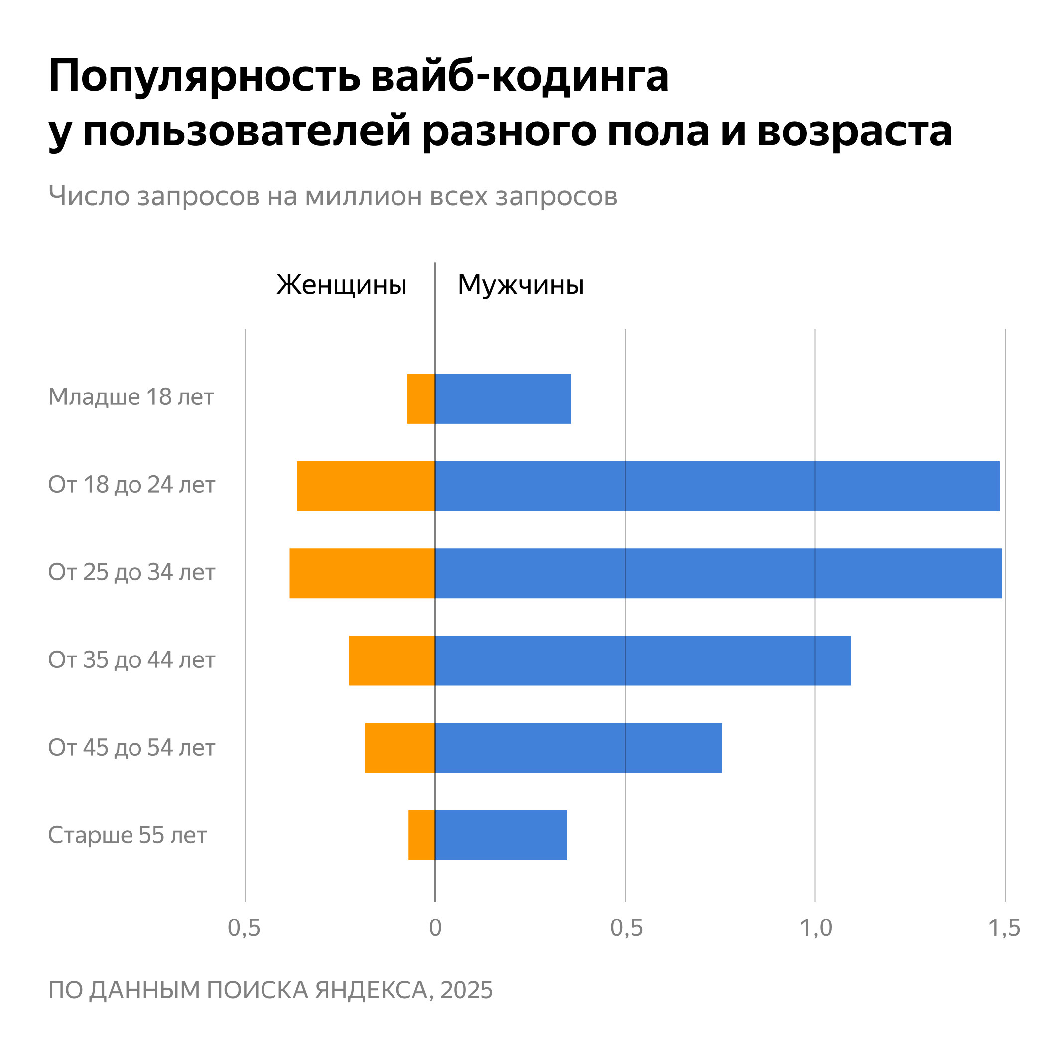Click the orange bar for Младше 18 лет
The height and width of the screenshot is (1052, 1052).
421,398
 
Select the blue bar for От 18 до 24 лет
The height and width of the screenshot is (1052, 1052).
717,486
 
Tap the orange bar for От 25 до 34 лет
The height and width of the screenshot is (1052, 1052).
362,573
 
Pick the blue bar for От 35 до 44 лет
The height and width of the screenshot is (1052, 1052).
643,660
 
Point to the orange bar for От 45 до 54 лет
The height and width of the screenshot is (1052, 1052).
399,748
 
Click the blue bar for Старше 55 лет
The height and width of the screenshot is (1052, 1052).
501,835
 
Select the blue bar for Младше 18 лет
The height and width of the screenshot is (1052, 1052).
503,398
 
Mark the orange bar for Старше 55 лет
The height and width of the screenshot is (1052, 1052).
421,835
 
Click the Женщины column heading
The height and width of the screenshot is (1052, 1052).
341,285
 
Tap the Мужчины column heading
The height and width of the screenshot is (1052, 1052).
521,285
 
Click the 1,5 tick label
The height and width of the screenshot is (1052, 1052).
1004,928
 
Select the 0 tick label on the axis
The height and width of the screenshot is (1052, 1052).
435,928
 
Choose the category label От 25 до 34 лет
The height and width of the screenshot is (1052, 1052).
132,572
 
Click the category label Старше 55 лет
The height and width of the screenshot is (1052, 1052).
128,835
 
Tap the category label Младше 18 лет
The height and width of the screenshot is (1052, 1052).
131,397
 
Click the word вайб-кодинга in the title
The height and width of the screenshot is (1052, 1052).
520,76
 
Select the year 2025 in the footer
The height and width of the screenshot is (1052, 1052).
466,990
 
